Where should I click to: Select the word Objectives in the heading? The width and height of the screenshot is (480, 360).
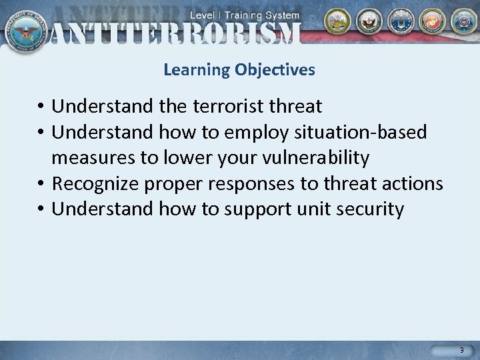coord(275,69)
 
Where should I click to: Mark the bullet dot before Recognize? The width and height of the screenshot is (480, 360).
coord(41,184)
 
